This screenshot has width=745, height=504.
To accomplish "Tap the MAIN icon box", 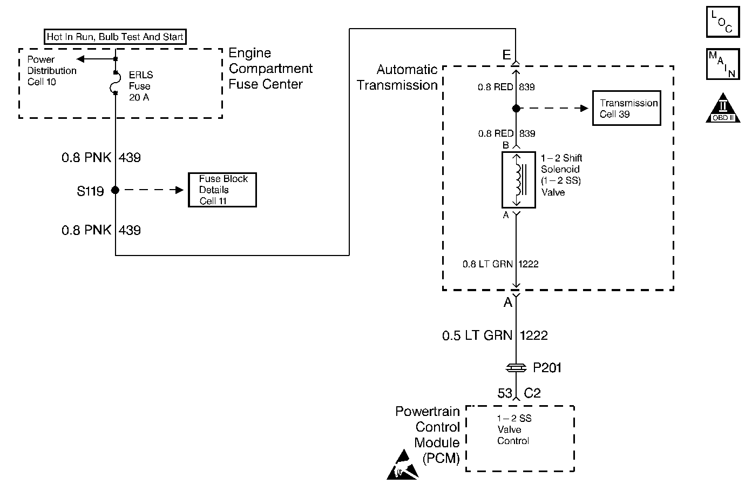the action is tap(723, 64).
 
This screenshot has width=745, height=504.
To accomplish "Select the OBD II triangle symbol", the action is tap(723, 108).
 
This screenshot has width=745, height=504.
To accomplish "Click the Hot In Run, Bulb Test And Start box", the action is tap(115, 37).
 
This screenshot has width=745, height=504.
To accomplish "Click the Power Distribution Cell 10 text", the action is tap(51, 71).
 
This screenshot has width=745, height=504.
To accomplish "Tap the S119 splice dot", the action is tap(115, 190).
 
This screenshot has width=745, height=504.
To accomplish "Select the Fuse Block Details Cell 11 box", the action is tap(222, 190).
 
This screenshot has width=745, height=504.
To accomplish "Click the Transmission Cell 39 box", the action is tap(627, 108).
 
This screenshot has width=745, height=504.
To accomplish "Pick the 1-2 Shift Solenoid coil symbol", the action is tap(518, 180).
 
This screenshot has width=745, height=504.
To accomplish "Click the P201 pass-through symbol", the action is tap(516, 368).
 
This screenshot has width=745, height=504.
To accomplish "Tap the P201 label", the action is tap(547, 368).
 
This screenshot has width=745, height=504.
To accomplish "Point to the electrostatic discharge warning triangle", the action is tap(402, 465).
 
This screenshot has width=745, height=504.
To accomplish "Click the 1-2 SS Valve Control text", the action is tap(514, 429).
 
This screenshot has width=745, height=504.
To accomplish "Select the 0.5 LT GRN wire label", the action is tap(477, 335).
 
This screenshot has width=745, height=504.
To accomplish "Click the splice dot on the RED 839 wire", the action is tap(516, 108).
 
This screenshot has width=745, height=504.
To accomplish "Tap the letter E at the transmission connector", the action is tap(506, 55).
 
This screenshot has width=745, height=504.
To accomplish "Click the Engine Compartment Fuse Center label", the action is tap(270, 69).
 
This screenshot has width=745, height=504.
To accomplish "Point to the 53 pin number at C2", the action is tap(505, 393).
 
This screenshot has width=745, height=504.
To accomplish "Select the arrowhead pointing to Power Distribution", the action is tap(80, 59).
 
